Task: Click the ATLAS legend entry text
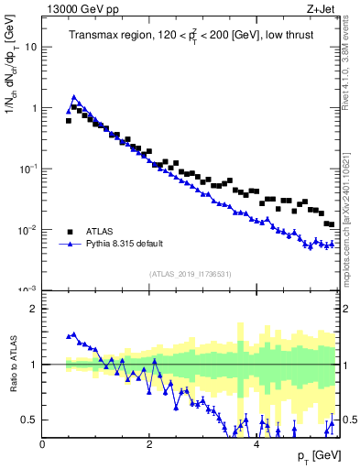[x=99, y=232]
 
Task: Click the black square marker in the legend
[x=69, y=232]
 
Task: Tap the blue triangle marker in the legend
[x=69, y=245]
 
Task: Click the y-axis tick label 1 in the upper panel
[x=35, y=108]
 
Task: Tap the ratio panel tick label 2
[x=35, y=309]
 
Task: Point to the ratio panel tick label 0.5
[x=30, y=420]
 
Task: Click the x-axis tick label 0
[x=43, y=443]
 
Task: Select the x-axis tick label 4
[x=256, y=443]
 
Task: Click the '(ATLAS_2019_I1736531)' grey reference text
[x=191, y=274]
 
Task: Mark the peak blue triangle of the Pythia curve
[x=74, y=96]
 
